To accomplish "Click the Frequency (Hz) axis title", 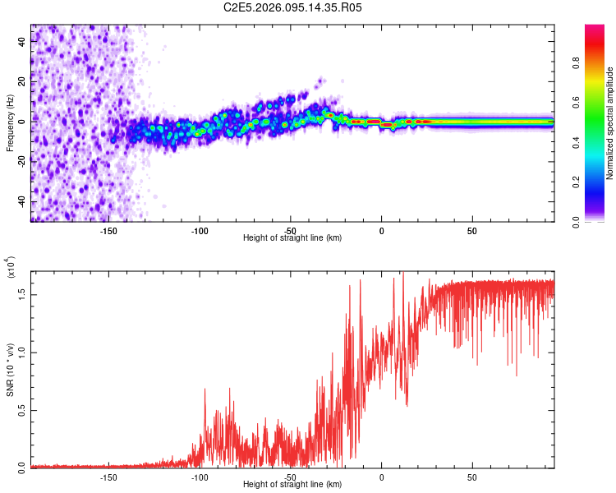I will [x=10, y=122].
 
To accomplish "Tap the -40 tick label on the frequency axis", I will [x=21, y=202].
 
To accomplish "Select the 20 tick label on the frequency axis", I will [x=21, y=81].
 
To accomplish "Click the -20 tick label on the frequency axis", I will [x=21, y=162].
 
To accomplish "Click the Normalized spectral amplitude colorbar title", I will [x=609, y=123].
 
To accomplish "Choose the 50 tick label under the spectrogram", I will [x=472, y=231].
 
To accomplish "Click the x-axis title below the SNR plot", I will [x=293, y=485].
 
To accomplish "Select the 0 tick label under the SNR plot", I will [x=381, y=477].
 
